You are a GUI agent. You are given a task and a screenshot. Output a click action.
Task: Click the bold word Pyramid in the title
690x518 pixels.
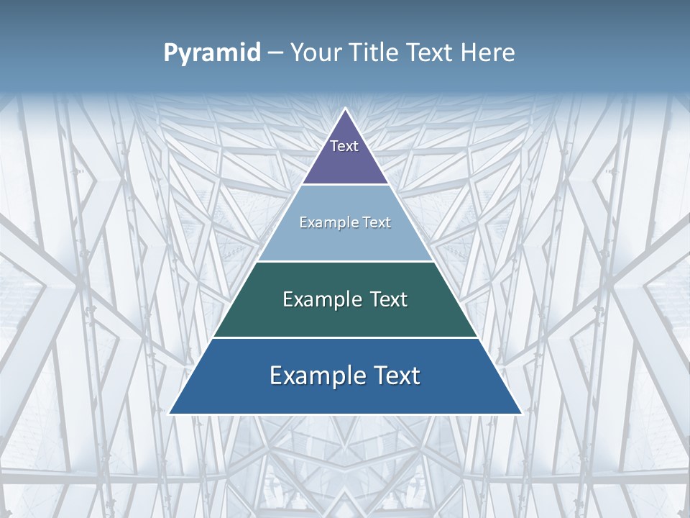[x=211, y=53]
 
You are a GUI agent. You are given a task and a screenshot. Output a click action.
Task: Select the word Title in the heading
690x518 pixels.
[x=379, y=53]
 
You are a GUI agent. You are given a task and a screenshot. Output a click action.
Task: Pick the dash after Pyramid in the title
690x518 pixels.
[x=275, y=53]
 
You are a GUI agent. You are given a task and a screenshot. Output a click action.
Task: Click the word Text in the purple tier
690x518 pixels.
[x=344, y=146]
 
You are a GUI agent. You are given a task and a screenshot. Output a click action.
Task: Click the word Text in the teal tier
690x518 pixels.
[x=388, y=299]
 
